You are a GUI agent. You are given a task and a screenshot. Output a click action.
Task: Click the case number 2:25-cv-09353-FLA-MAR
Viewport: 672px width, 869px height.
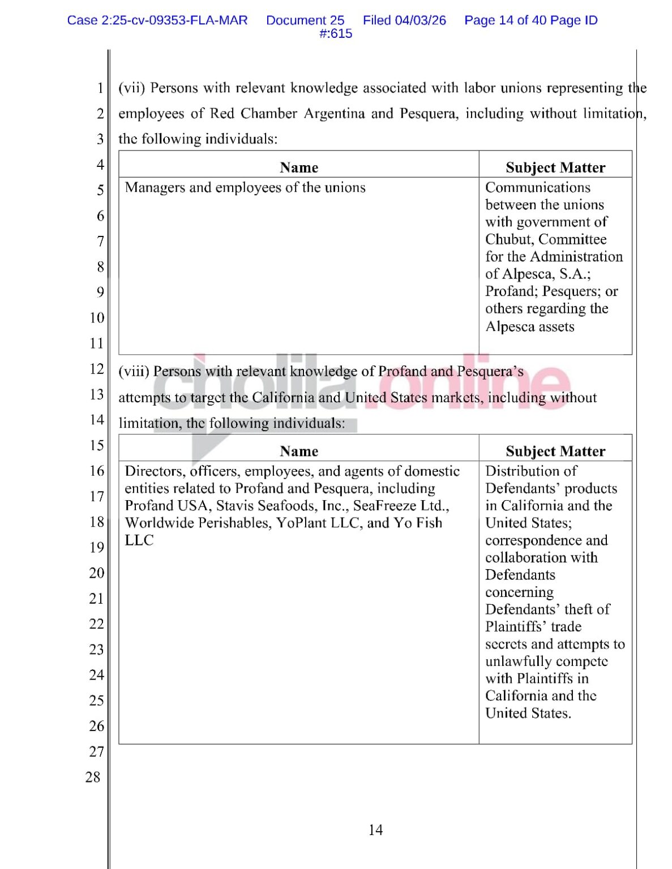coord(174,20)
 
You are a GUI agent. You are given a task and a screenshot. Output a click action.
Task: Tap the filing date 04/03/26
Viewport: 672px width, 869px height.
coord(420,20)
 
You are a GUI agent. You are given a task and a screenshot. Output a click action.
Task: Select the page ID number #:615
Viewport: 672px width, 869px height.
coord(336,34)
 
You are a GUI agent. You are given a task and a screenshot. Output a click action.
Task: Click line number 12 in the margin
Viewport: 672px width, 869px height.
coord(97,369)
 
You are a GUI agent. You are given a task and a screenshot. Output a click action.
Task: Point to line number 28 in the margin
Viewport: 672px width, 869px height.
coord(93,777)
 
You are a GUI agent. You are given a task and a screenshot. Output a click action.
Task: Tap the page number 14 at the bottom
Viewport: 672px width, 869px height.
coord(375,830)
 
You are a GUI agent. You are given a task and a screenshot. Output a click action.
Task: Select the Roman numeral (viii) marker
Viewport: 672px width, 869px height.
coord(134,372)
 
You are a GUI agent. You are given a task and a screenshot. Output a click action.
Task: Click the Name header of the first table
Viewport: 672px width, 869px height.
coord(299,167)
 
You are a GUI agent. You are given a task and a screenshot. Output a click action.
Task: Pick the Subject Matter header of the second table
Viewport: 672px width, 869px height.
coord(555,451)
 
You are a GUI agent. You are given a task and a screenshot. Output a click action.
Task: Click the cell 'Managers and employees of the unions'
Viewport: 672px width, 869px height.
coord(245,188)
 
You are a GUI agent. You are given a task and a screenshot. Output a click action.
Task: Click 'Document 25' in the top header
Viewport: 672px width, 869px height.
coord(305,20)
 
